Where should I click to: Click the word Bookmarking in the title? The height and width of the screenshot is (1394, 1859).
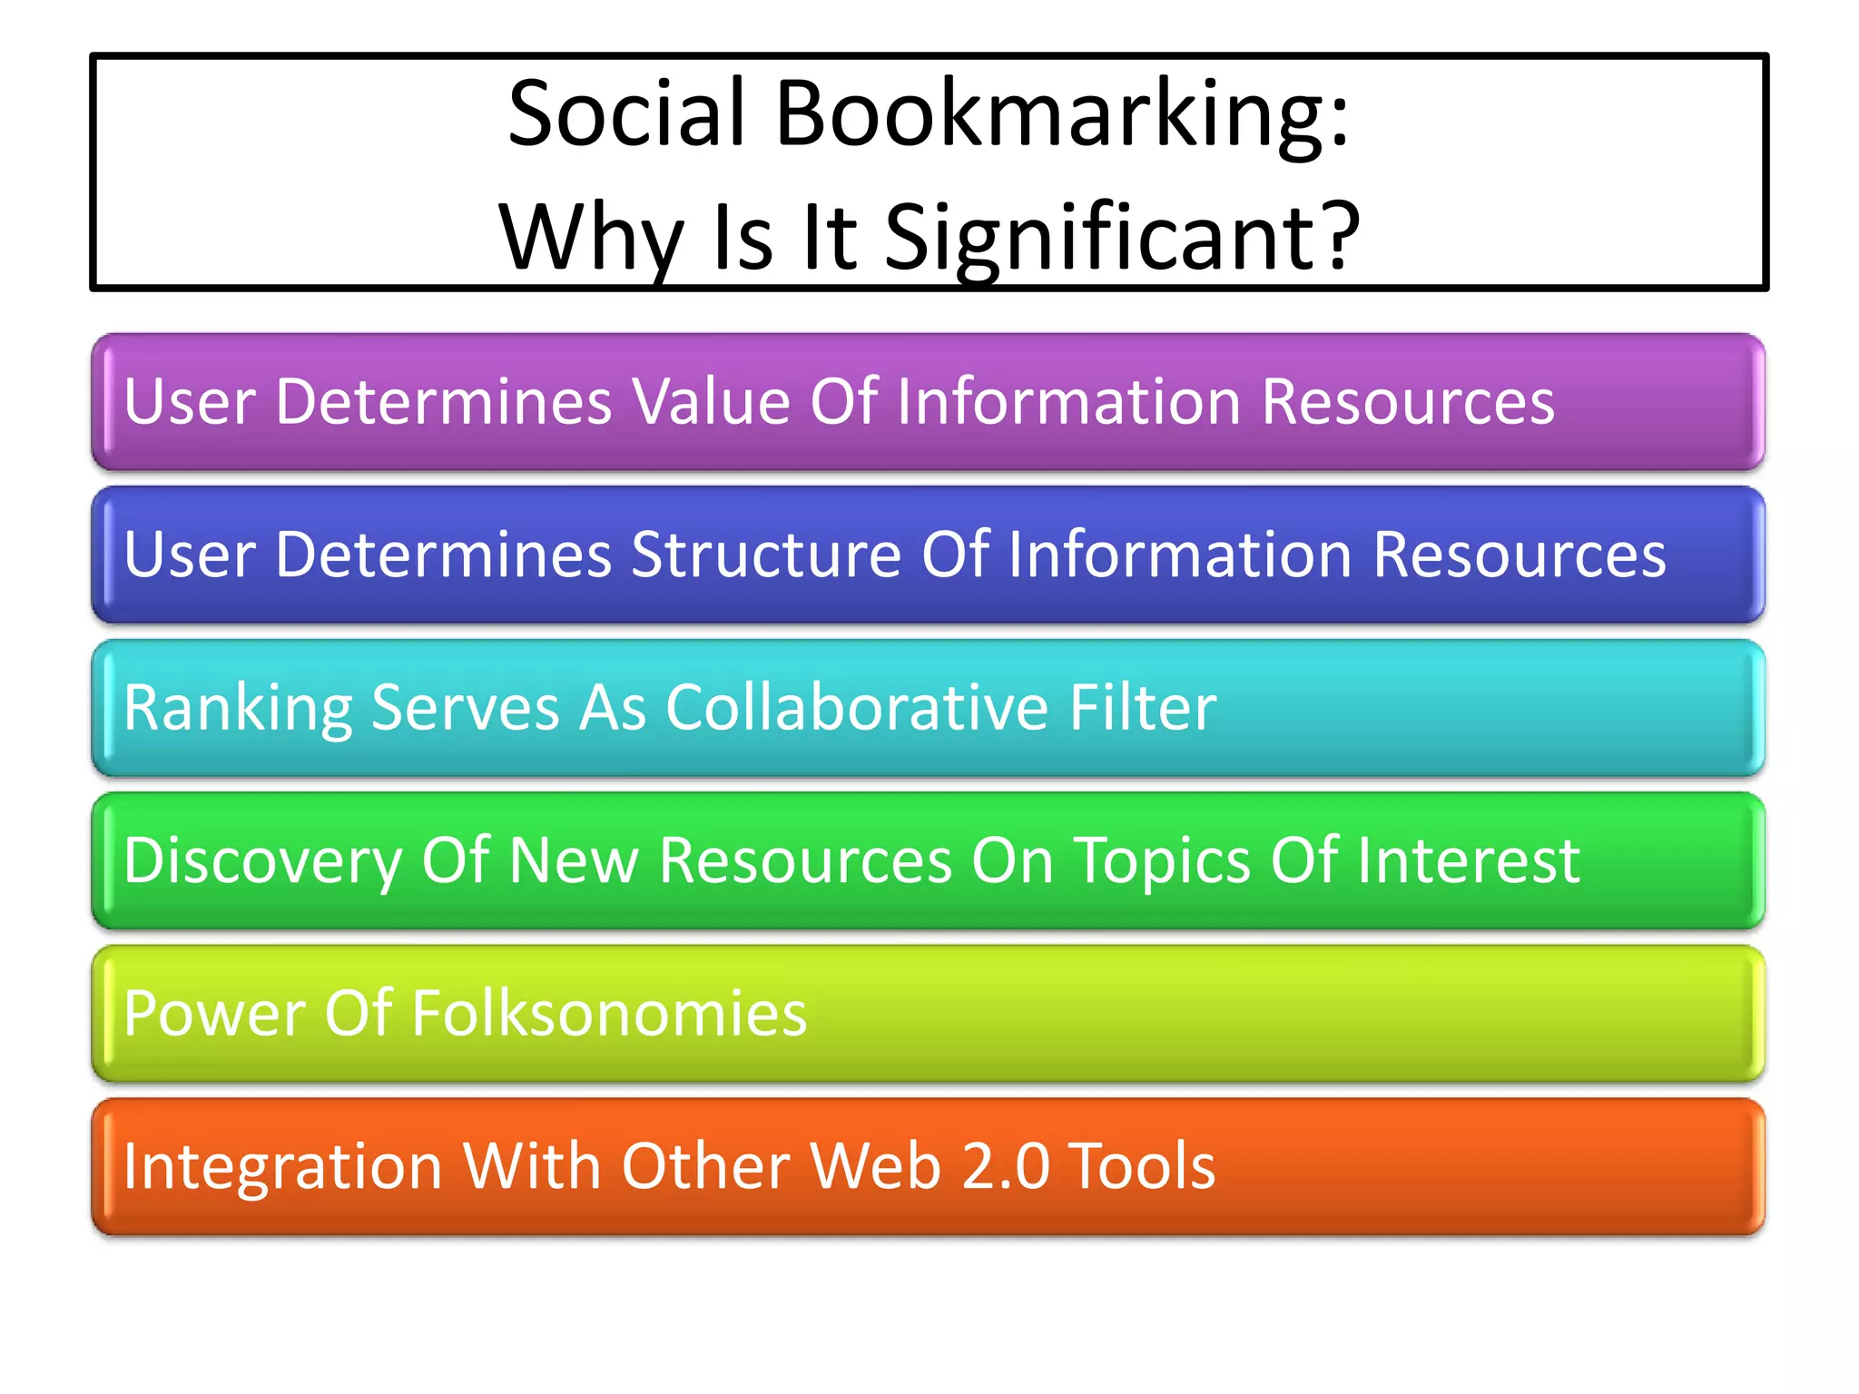click(x=1062, y=114)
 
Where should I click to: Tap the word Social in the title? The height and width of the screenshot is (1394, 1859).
click(x=627, y=114)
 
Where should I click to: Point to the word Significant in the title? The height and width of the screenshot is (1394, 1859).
click(x=1122, y=238)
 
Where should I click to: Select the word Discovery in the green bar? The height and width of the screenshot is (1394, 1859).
click(x=263, y=860)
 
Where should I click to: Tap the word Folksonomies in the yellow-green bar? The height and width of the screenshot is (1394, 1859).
click(x=609, y=1013)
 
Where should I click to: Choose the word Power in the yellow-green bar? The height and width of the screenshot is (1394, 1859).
click(x=214, y=1013)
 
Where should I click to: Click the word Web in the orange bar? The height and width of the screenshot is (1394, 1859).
click(x=876, y=1166)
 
